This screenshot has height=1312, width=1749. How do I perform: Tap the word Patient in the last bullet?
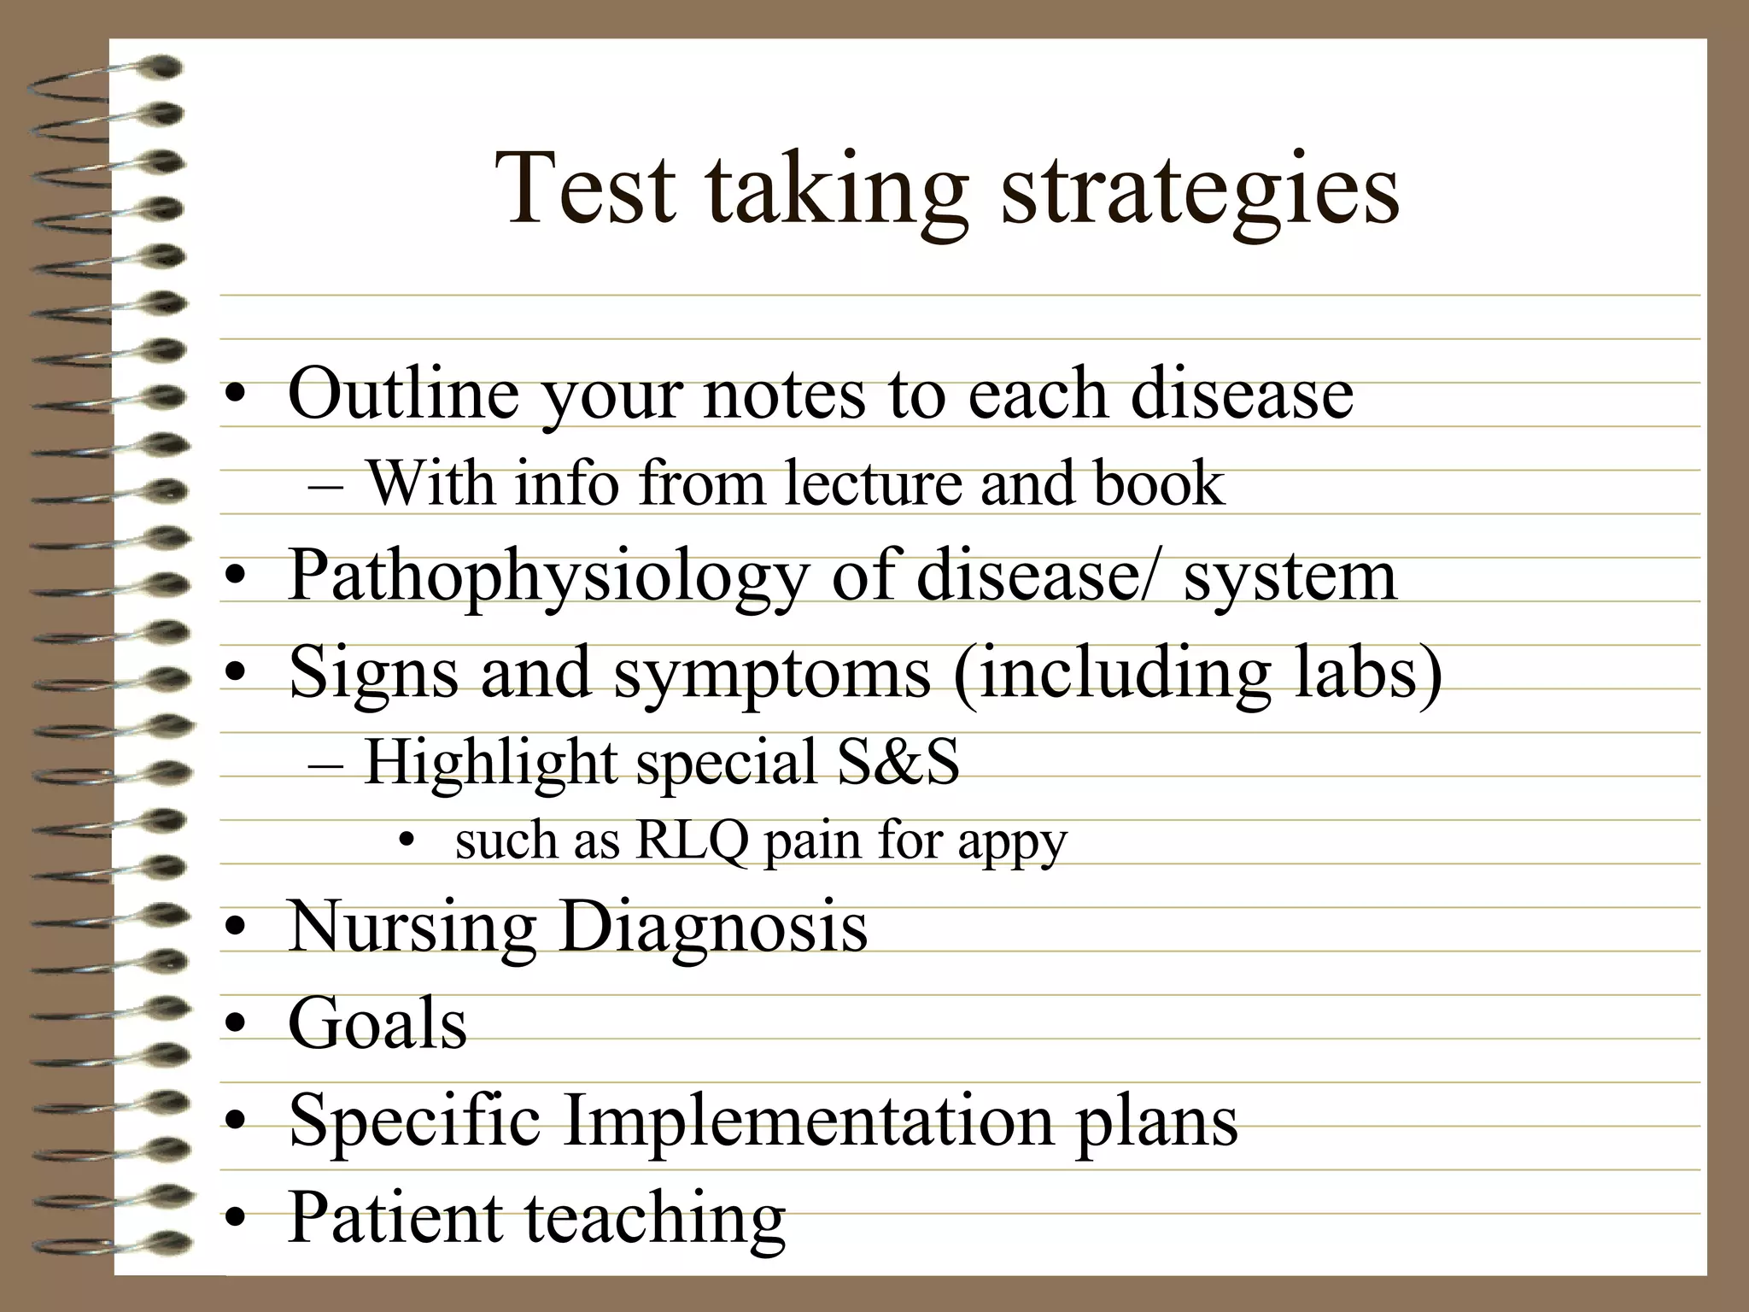[x=395, y=1217]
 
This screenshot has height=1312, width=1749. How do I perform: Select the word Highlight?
[x=491, y=763]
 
